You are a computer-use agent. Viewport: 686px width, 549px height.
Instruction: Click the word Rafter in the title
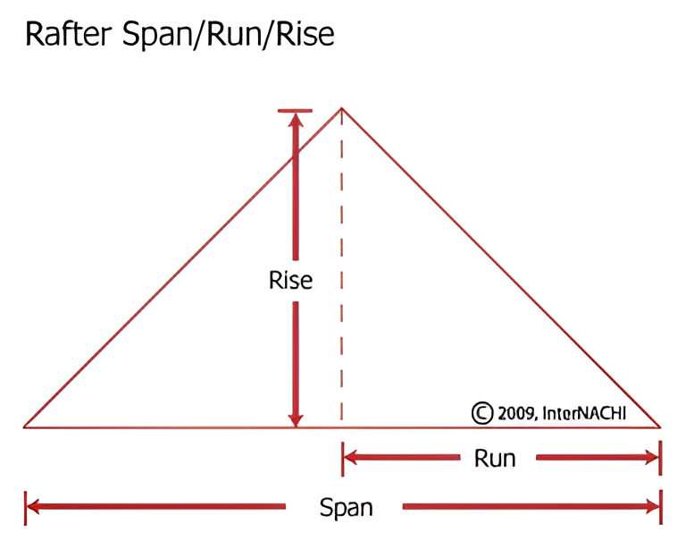point(69,34)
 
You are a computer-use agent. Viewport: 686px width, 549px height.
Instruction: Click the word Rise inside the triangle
point(290,280)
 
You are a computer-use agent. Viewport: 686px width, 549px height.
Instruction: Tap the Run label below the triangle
point(495,459)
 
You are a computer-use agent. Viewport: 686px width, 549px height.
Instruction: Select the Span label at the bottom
point(346,508)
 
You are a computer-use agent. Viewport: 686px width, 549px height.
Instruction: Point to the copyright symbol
point(482,413)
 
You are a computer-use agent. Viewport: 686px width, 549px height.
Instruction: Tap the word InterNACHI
point(584,413)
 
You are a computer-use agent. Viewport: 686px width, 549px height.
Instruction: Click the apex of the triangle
point(342,108)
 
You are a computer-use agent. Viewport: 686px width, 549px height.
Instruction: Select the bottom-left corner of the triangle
point(24,427)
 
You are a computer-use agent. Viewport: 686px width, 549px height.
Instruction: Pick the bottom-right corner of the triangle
point(660,427)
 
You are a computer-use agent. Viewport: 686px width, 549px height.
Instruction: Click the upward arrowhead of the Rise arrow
point(296,119)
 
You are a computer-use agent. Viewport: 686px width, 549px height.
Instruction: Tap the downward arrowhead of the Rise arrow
point(296,419)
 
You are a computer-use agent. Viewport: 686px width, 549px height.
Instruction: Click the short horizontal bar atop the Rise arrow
point(295,110)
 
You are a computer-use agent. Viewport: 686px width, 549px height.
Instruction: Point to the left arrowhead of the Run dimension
point(350,458)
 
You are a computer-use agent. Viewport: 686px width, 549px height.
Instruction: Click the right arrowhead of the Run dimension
point(651,458)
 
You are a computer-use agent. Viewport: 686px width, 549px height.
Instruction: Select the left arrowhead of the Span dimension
point(33,507)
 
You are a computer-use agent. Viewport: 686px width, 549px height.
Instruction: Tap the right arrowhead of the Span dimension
point(651,507)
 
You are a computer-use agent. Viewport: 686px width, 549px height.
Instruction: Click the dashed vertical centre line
point(342,267)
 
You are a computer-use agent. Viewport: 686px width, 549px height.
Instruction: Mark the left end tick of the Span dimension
point(25,508)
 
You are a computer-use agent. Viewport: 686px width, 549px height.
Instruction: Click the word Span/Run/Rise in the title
point(229,34)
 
